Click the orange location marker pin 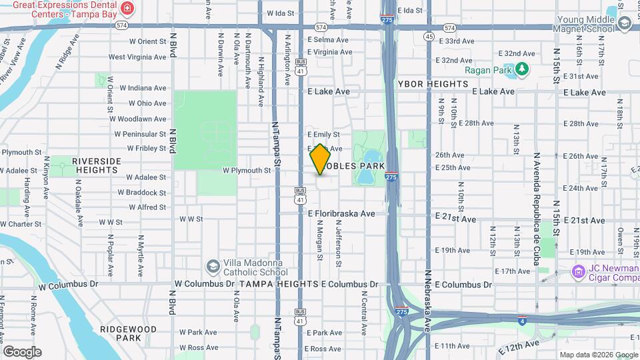320,159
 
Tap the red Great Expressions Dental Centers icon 128,9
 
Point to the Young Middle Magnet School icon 625,24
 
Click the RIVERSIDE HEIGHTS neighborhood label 97,165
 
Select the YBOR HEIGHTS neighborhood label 433,84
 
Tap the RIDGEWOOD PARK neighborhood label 128,333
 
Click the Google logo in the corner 22,351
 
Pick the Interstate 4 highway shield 523,320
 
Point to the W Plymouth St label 247,171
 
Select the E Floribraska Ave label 346,214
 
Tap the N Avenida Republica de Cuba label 536,209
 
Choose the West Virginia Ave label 137,57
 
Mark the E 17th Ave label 511,271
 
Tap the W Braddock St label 142,193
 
